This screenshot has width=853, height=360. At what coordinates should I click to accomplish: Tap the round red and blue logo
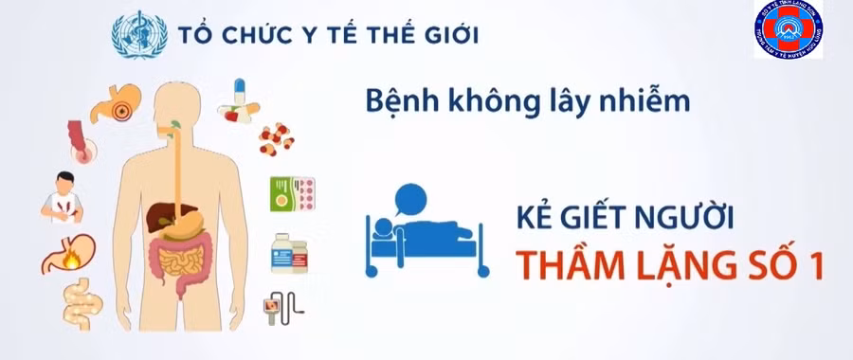pyautogui.click(x=788, y=31)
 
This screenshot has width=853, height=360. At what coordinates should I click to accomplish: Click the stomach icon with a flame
pyautogui.click(x=67, y=252)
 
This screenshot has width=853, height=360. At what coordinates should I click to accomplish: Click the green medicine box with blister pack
pyautogui.click(x=291, y=194)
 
